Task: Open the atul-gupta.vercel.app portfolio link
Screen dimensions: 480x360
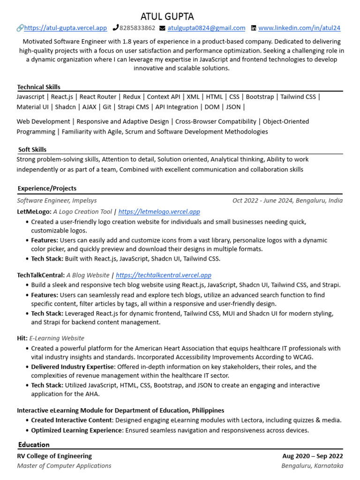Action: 65,28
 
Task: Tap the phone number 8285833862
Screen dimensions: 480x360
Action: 137,28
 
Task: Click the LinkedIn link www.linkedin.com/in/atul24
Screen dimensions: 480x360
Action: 300,28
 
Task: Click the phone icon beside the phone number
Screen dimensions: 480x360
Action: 116,28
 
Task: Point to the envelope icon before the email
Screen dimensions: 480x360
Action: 162,28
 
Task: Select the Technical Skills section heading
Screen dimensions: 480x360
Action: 38,87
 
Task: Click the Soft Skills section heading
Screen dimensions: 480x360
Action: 32,150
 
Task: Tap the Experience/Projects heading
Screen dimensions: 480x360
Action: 47,188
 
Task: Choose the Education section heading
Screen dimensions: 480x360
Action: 34,444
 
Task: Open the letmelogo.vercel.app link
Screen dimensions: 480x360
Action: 159,212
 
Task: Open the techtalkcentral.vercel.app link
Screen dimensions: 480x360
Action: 163,275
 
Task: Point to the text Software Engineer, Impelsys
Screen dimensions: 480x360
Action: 57,201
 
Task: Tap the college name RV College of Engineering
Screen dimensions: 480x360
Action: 54,456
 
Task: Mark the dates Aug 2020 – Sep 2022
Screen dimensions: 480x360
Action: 312,456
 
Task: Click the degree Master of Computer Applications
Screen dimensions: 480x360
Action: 64,465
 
